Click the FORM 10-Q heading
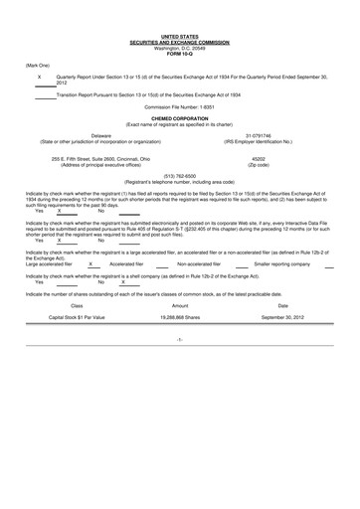coord(180,55)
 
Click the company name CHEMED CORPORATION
coord(180,116)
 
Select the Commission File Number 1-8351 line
coord(180,104)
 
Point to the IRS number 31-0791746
coord(260,135)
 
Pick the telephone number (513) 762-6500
coord(179,177)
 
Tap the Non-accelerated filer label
coord(198,264)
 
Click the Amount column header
coord(180,305)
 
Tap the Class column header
coord(77,305)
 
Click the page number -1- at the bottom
coord(179,339)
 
